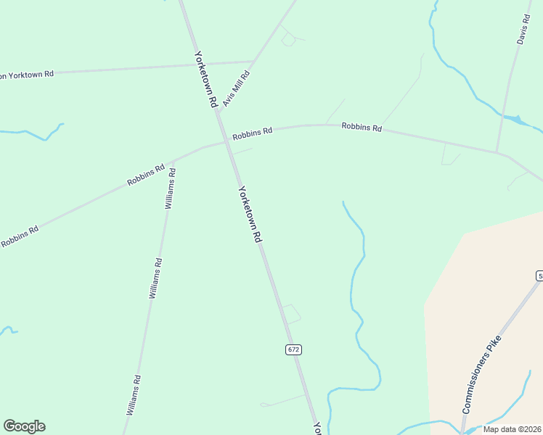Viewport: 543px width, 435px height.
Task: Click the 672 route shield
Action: (293, 349)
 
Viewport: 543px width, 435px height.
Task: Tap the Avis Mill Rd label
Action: (237, 89)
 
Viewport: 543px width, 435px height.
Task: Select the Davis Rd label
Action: (524, 30)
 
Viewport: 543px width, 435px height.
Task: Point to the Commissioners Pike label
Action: (481, 375)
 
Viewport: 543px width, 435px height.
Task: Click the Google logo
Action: (24, 426)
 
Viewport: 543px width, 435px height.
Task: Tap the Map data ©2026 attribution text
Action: (512, 429)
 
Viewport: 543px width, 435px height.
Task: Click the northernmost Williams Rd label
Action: (170, 188)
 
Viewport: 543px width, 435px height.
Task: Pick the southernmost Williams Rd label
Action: (133, 395)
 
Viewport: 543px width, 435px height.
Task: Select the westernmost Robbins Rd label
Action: (20, 236)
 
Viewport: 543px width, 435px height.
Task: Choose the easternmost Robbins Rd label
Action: (362, 127)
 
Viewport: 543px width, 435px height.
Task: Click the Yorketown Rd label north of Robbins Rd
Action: (205, 80)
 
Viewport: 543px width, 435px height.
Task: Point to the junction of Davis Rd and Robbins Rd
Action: (497, 152)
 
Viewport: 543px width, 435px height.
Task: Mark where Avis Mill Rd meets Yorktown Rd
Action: (253, 62)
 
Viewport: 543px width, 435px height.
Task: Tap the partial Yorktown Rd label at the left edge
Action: (28, 74)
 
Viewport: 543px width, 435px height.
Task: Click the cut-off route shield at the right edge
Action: (539, 276)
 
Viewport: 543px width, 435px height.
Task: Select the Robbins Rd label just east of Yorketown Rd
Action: (252, 134)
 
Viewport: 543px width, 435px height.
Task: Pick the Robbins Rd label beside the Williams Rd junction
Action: (145, 175)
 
